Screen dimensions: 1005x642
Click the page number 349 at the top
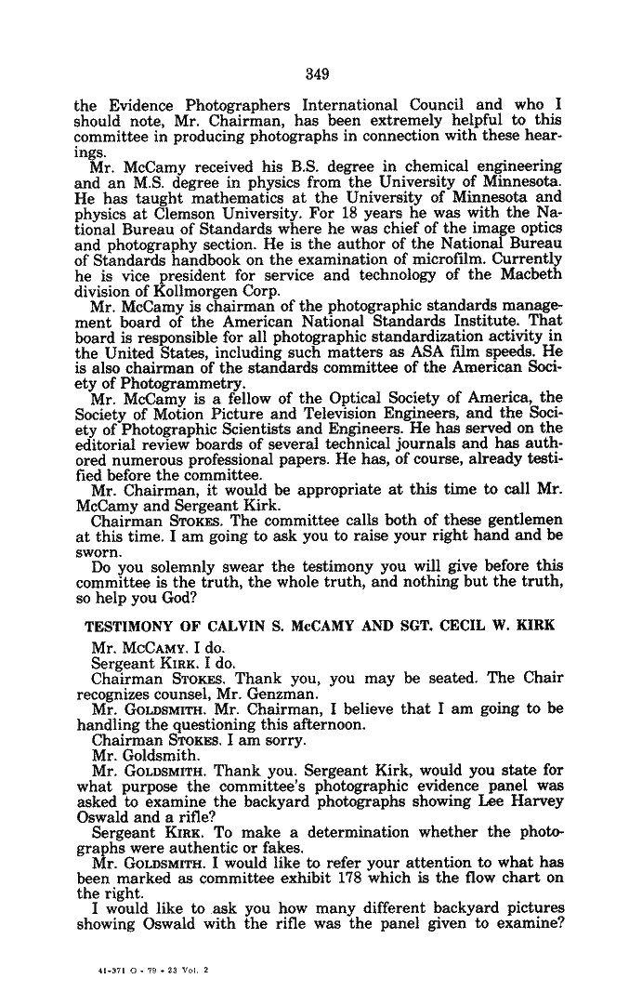coord(321,73)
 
